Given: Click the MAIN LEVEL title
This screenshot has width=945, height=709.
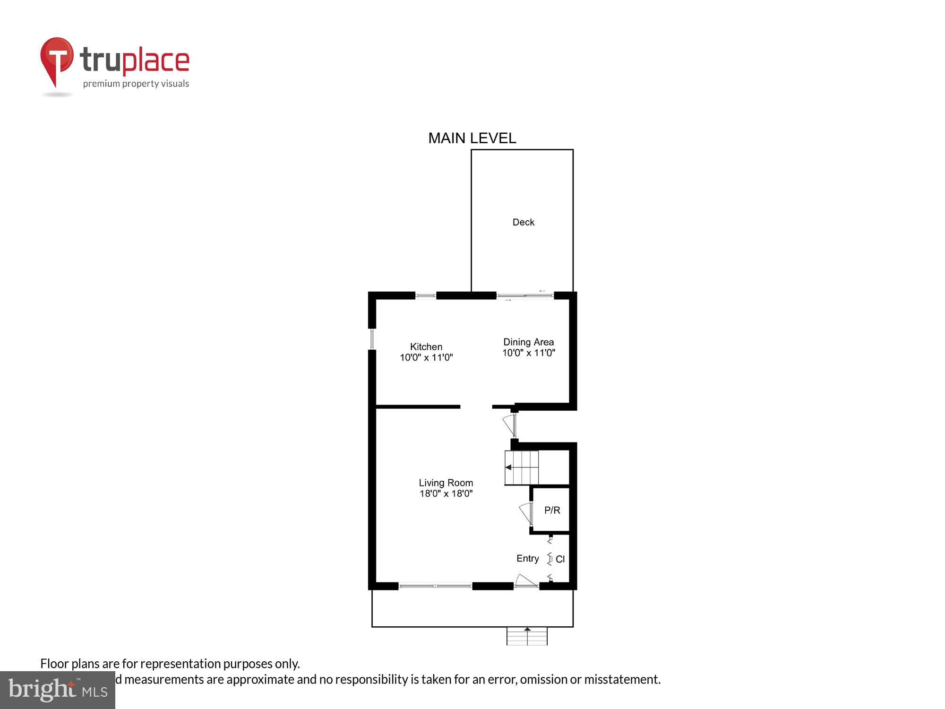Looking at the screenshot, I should (472, 138).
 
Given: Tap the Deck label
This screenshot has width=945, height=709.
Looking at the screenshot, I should (523, 222).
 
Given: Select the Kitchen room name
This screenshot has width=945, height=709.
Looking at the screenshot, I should (426, 346).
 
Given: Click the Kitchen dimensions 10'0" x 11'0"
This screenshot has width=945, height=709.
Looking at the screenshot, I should (426, 357).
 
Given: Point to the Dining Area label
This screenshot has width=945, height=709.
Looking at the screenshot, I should (528, 342).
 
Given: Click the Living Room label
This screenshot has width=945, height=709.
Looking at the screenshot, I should (446, 483).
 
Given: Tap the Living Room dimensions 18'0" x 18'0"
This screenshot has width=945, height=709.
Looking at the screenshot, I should (446, 493).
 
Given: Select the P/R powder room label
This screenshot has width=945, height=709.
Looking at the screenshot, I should (552, 510).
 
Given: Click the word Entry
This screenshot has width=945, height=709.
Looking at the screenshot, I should (527, 558).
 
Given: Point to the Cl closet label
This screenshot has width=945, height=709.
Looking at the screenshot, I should (560, 559).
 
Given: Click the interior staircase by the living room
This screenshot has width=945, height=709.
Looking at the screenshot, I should (522, 467).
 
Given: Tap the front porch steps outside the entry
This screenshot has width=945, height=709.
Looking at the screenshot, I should (527, 636).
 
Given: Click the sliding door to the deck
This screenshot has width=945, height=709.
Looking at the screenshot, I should (524, 296).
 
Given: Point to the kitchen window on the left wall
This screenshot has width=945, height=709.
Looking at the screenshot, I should (372, 339).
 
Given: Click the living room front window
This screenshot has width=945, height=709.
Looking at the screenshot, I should (435, 586).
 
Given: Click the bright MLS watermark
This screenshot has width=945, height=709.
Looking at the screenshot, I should (58, 690).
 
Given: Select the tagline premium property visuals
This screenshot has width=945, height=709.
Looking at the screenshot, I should (136, 84).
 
